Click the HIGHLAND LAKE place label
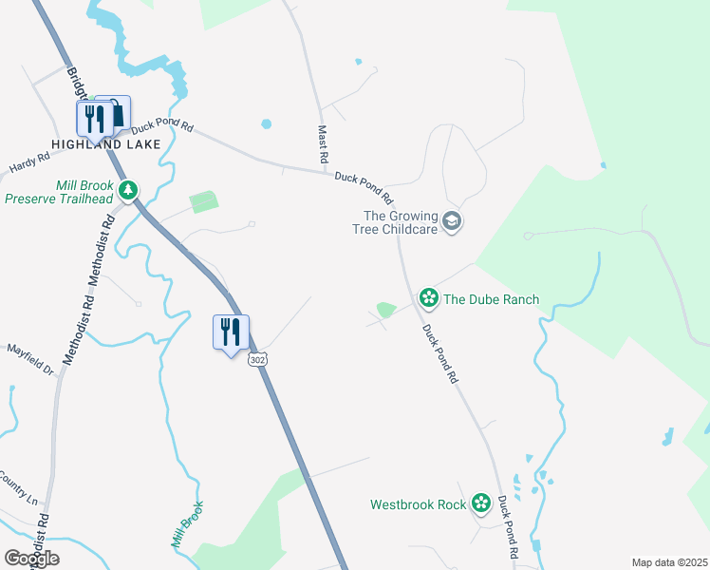105,144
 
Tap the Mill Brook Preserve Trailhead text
59,192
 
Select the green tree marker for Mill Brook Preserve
128,192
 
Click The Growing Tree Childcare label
400,222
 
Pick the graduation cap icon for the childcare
453,222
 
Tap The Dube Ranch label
491,299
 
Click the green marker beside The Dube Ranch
429,299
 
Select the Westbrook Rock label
418,504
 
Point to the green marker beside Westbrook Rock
481,503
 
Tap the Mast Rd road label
323,142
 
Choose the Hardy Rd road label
28,163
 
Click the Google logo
31,559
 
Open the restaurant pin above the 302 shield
231,332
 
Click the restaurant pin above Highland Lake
93,120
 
